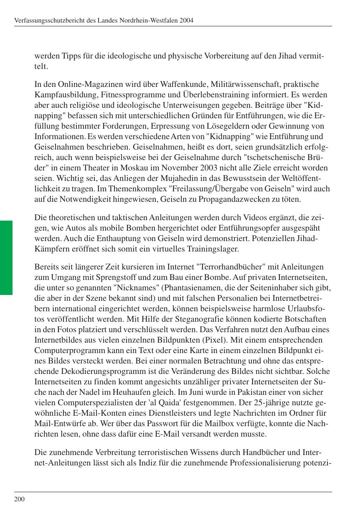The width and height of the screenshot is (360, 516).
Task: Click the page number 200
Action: pyautogui.click(x=19, y=499)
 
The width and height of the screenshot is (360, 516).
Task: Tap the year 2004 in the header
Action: pyautogui.click(x=186, y=20)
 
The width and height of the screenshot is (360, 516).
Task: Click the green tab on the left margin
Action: pyautogui.click(x=6, y=258)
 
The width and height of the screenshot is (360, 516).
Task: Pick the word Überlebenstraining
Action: pyautogui.click(x=215, y=95)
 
